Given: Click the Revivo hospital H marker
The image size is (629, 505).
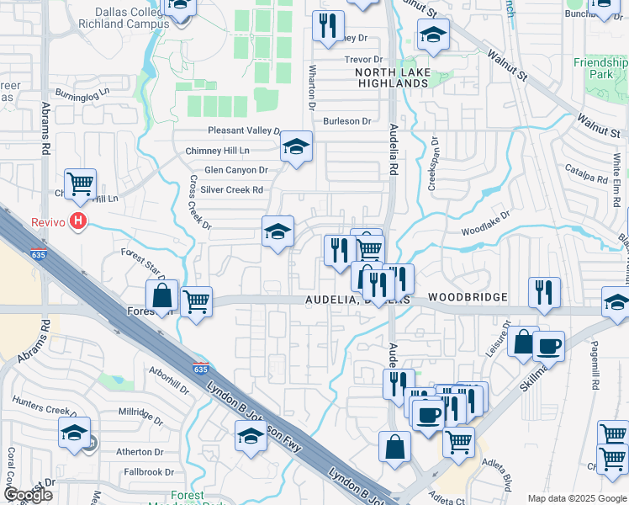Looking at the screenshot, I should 78,221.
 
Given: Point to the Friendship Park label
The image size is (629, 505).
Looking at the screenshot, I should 600,68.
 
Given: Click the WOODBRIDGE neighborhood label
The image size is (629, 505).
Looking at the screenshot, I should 468,298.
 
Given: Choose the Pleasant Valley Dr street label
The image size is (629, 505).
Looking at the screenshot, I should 244,130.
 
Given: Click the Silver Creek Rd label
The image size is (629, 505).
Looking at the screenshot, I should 231,190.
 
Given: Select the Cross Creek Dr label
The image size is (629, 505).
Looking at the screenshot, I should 198,202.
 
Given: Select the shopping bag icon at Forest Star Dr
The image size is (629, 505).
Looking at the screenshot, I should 161,295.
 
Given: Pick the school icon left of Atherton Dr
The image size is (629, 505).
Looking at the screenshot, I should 74,433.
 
